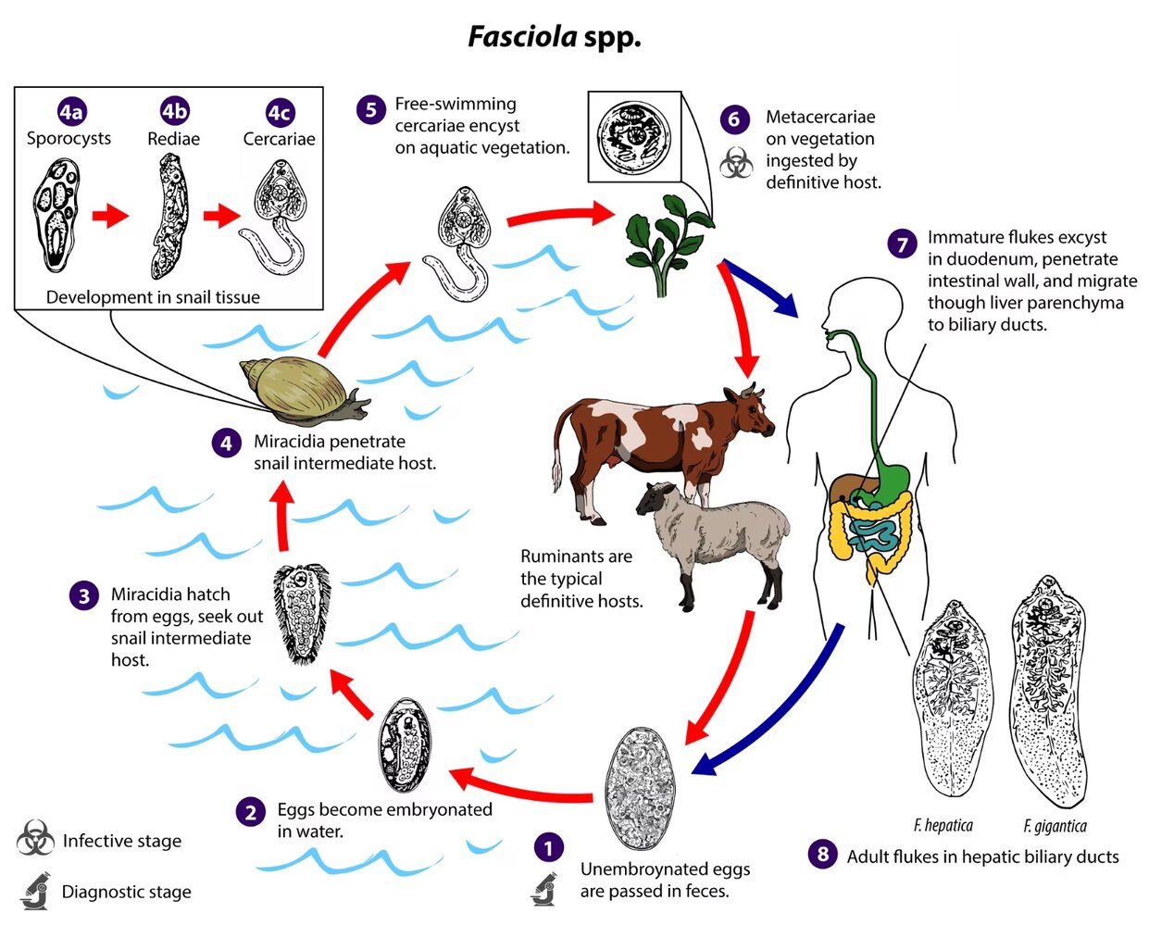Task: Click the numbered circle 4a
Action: (x=70, y=112)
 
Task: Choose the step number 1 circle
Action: (x=548, y=847)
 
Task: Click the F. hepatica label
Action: (x=943, y=825)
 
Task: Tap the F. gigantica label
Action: (x=1055, y=826)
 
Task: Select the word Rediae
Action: (x=173, y=139)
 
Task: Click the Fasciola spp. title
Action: (x=554, y=37)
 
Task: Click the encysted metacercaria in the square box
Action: (x=634, y=137)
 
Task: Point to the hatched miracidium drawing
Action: (x=302, y=612)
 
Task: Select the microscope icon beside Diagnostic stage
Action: (x=35, y=892)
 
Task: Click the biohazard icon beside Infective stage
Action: (x=35, y=839)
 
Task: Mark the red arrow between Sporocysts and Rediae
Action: (x=110, y=217)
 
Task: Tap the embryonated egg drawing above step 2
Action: (x=405, y=745)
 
